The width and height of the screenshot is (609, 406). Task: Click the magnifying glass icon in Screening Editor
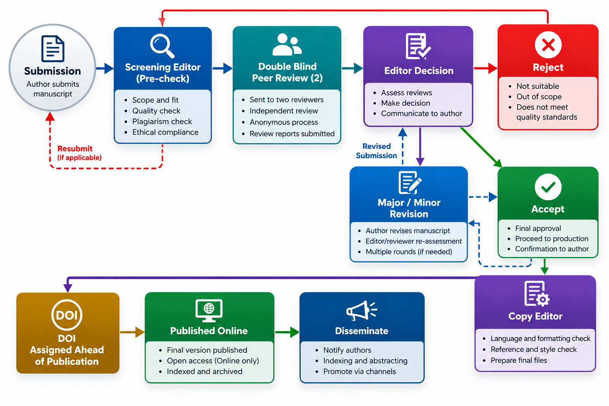[x=162, y=46]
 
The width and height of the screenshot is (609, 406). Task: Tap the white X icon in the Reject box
[x=548, y=45]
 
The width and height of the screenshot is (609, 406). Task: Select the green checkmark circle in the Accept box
[x=548, y=187]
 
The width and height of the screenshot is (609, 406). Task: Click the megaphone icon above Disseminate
[x=362, y=310]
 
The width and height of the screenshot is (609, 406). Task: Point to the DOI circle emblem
[x=67, y=315]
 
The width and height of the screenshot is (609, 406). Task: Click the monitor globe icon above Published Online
[x=209, y=310]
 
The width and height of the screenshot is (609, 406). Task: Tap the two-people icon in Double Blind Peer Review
[x=287, y=44]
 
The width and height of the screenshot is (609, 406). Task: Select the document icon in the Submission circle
[x=53, y=49]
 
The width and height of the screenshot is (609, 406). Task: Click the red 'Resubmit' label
[x=75, y=148]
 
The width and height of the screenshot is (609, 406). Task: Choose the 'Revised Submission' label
[x=377, y=151]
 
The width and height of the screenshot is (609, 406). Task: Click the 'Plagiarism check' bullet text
[x=162, y=122]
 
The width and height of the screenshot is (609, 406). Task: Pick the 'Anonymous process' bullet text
[x=284, y=122]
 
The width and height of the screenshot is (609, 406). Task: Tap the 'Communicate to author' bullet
[x=421, y=113]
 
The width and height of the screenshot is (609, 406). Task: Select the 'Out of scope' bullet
[x=539, y=96]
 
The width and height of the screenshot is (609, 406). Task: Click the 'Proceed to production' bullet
[x=552, y=239]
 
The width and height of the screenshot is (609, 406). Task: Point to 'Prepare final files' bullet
[x=519, y=360]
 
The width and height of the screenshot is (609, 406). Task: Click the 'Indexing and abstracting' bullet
[x=365, y=360]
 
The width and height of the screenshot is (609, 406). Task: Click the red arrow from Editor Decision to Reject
[x=486, y=68]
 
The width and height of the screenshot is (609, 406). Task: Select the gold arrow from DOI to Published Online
[x=132, y=332]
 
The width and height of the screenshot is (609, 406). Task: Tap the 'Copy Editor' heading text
[x=535, y=316]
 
